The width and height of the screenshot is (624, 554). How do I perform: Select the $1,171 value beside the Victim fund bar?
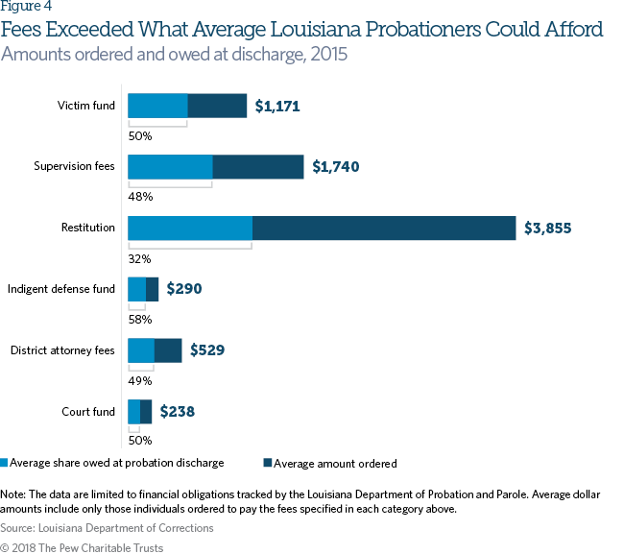(277, 107)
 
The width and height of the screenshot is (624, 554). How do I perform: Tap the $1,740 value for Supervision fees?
(336, 167)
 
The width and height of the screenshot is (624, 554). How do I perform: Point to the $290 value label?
(184, 289)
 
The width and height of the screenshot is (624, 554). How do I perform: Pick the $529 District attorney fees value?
(207, 350)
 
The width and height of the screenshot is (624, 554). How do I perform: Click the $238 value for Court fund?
(177, 411)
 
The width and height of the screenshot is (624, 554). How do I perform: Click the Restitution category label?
(88, 228)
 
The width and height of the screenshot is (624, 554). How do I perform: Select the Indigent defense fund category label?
(61, 288)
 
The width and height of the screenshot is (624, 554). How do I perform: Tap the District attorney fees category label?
(62, 349)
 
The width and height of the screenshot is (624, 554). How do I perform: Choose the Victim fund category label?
(86, 106)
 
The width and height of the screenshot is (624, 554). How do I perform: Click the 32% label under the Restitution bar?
(140, 258)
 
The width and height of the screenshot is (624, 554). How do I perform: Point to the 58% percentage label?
(140, 319)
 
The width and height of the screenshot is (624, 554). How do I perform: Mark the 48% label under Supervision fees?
(140, 197)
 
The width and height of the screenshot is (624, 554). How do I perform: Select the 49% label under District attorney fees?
(140, 380)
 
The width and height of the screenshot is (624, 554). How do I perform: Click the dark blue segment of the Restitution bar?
(384, 228)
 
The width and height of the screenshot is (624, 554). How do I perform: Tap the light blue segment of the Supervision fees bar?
(170, 167)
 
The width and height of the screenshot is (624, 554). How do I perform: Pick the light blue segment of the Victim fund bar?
(157, 106)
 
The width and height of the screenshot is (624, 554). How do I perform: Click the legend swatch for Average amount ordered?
(268, 464)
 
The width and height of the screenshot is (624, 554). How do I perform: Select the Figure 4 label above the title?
(27, 8)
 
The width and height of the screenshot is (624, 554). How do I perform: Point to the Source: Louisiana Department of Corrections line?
(108, 528)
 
